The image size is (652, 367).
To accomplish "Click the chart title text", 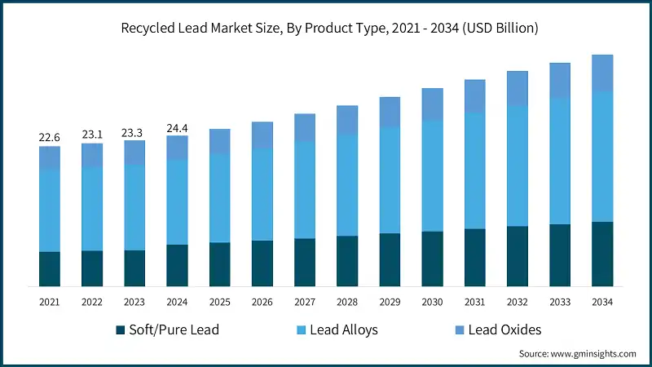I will pos(326,29).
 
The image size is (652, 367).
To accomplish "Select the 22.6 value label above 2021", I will pos(50,137).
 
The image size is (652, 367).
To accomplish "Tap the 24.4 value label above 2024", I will pos(177,127).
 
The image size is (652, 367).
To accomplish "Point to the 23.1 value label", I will pos(92,134).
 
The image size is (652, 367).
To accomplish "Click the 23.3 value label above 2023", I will pos(134,131).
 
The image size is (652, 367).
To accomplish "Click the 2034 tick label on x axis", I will pos(601,302).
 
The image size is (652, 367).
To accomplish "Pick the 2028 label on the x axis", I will pos(347,302).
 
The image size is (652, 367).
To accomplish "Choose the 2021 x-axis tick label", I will pos(50,302).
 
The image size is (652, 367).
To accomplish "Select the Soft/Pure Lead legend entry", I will pos(167,329).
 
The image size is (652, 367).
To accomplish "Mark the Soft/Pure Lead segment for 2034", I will pos(601,254).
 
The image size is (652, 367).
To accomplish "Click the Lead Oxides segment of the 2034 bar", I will pos(601,73).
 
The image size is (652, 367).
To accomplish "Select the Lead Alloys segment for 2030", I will pos(432,176).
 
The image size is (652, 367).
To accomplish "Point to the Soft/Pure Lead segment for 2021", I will pos(50,269).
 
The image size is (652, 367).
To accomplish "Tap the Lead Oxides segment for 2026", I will pos(262,135).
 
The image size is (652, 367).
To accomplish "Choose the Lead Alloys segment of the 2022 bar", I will pos(92,209).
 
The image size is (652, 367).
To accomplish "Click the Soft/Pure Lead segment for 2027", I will pos(305,263).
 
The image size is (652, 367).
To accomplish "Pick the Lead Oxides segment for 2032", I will pos(517,88).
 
